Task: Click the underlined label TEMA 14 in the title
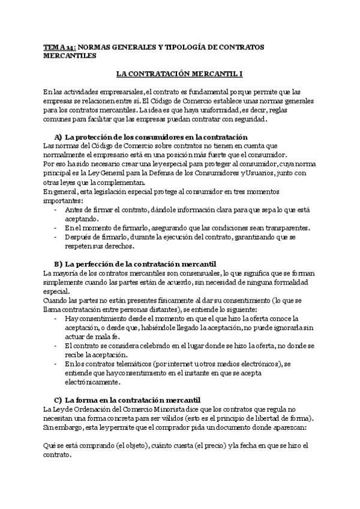59,46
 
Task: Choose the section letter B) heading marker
58,264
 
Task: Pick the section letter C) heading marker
58,400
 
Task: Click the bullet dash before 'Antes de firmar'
56,209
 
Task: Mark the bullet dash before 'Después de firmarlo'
56,236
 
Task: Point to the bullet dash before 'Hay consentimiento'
56,318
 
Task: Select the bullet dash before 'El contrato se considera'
56,346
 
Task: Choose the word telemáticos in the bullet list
125,364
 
